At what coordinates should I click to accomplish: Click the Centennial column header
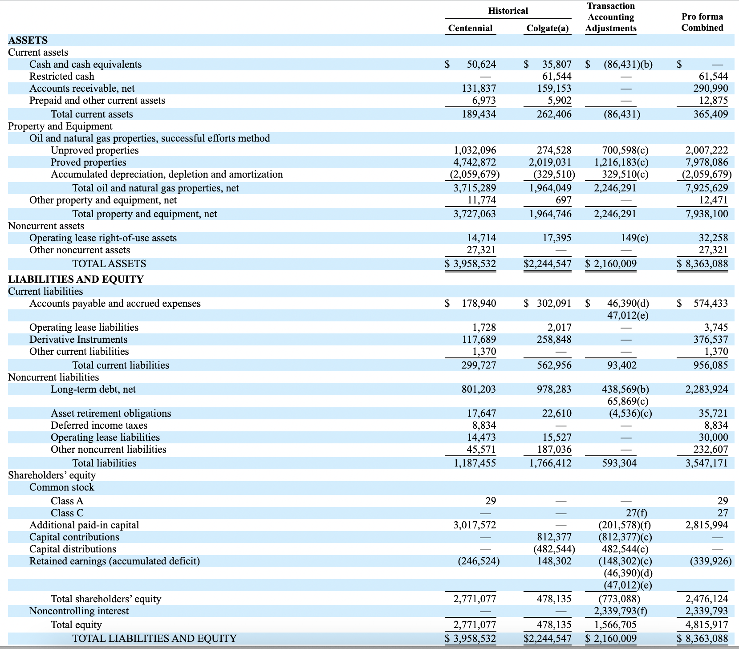470,28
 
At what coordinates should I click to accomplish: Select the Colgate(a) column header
548,28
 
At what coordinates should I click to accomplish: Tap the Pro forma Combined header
702,22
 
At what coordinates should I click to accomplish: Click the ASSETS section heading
28,40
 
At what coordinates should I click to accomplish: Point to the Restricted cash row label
62,76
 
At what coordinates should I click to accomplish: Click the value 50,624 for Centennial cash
481,64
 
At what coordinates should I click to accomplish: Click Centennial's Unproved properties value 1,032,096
475,150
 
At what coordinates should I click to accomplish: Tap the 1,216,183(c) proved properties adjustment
621,162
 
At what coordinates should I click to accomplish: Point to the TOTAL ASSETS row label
109,264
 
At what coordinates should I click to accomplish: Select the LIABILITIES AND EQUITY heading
76,279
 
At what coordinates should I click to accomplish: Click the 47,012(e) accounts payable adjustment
628,315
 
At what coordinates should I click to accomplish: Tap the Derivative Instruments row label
78,339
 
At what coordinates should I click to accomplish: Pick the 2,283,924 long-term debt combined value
707,389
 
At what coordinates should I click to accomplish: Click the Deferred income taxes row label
99,425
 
